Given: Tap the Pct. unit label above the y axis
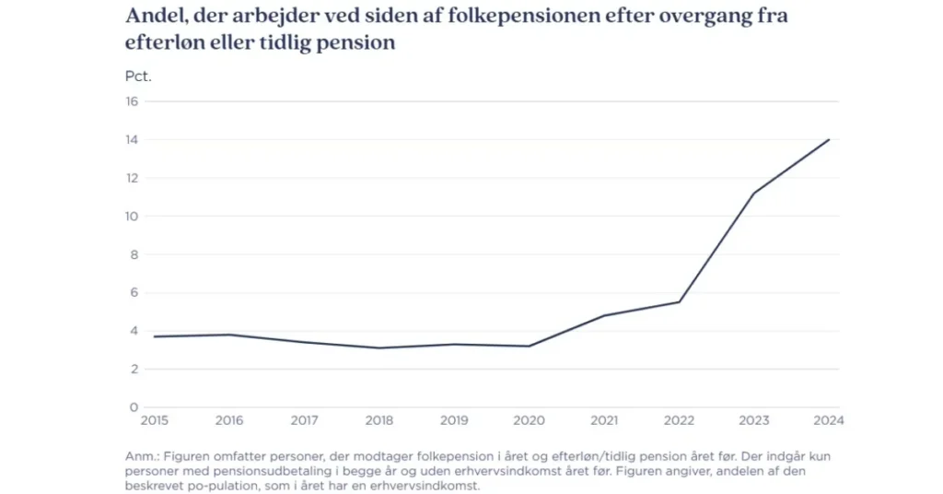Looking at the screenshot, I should point(138,76).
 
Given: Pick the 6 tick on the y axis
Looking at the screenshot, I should point(134,293).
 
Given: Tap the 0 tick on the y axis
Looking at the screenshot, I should point(134,407).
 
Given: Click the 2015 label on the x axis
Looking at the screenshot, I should point(154,421).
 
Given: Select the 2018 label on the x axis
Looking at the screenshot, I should point(379,421).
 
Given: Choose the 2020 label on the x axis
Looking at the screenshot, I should point(530,421).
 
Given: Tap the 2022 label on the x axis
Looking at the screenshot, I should point(680,421).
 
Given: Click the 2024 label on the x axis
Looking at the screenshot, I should point(829,421).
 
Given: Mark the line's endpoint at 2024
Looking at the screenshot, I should point(829,140).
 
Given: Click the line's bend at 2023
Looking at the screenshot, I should point(754,194).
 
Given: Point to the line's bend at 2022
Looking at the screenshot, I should point(680,302).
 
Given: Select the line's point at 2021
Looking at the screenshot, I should point(604,315).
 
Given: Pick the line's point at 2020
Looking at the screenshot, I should point(530,346).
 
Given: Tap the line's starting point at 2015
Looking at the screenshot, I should point(154,336).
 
